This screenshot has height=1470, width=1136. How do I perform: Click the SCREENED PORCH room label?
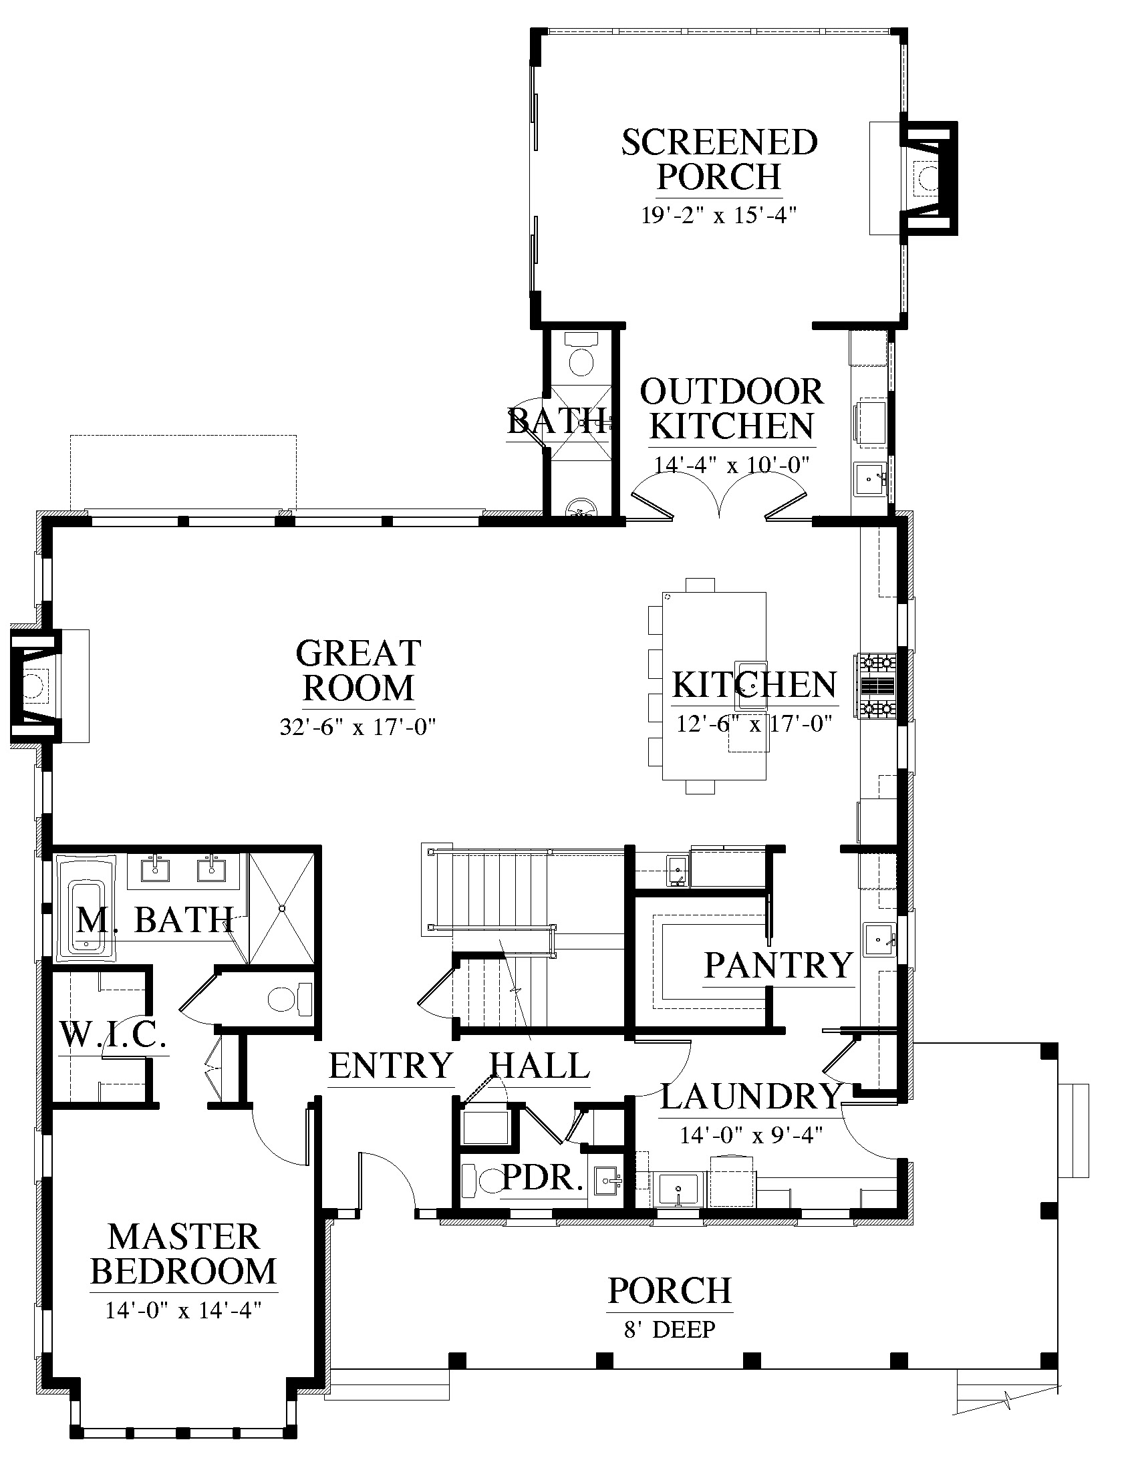719,160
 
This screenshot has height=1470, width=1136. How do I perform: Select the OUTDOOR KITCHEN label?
732,408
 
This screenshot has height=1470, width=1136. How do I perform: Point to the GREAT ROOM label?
359,670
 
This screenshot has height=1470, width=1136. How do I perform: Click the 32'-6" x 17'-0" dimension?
359,727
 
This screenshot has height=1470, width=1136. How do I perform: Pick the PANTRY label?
778,966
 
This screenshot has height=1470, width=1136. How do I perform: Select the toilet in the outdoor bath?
581,355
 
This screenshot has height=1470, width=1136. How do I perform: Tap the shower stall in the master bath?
282,909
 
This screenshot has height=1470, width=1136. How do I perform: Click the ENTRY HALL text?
460,1066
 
